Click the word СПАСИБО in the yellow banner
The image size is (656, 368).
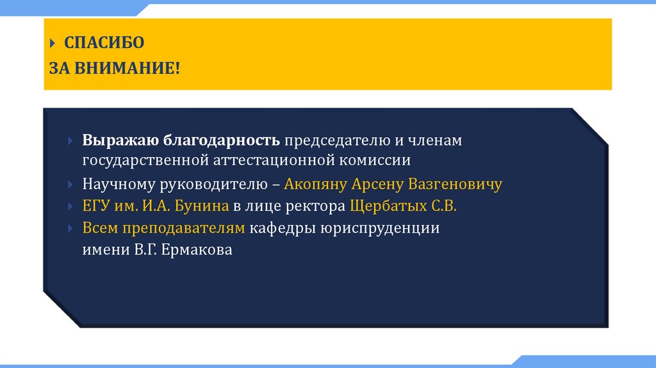coord(104,43)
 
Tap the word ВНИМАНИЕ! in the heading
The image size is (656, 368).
coord(127,67)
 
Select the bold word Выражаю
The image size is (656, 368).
coord(120,140)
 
